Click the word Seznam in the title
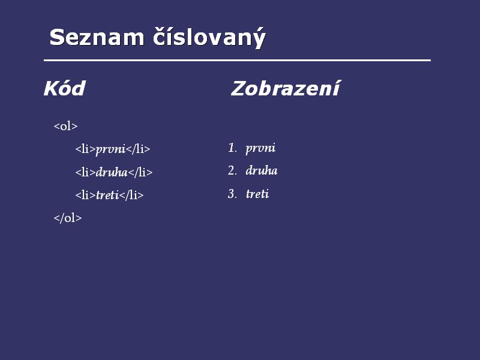tap(97, 37)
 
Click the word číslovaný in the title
tap(209, 38)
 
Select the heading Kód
tap(64, 88)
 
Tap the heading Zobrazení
tap(286, 88)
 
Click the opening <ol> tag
tap(65, 126)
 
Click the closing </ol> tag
tap(68, 218)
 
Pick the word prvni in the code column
tap(110, 149)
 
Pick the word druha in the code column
tap(112, 172)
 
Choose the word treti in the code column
tap(107, 195)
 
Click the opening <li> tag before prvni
tap(85, 149)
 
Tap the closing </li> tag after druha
tap(140, 172)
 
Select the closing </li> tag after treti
tap(131, 195)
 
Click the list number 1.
tap(233, 148)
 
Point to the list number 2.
tap(232, 170)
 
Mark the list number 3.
tap(232, 194)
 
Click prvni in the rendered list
tap(260, 148)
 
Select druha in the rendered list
tap(262, 170)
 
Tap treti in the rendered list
tap(257, 194)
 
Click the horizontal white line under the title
tap(237, 61)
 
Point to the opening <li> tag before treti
tap(85, 195)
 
